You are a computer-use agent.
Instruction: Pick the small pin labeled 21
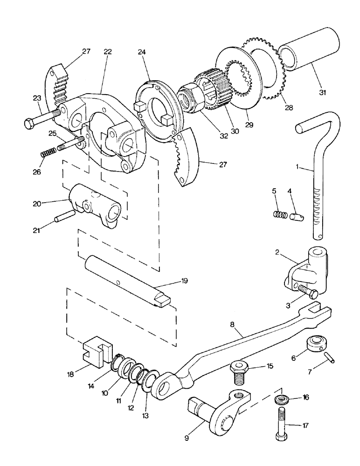point(65,217)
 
